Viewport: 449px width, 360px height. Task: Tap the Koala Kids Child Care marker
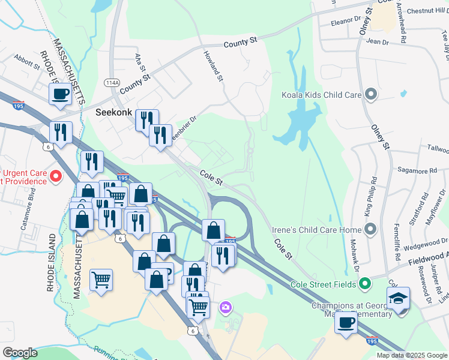pos(371,94)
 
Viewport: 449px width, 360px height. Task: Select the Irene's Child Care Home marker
pos(371,230)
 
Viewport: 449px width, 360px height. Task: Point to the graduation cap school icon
pos(397,298)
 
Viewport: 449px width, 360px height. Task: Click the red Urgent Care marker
pos(55,176)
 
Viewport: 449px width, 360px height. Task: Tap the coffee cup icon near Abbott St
pos(60,94)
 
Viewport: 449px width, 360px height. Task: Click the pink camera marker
pos(226,308)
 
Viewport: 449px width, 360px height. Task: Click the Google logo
pos(20,353)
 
